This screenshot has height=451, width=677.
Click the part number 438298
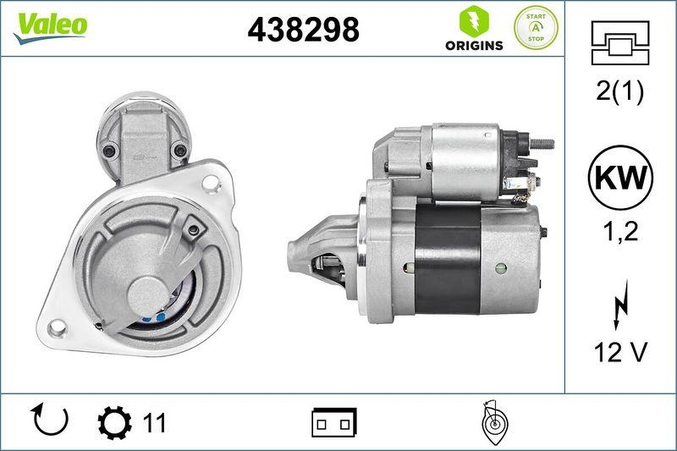point(303,30)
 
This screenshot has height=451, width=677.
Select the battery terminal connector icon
point(334,421)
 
